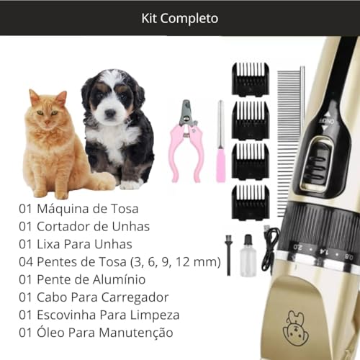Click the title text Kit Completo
[x=179, y=17]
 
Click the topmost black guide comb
[x=250, y=79]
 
